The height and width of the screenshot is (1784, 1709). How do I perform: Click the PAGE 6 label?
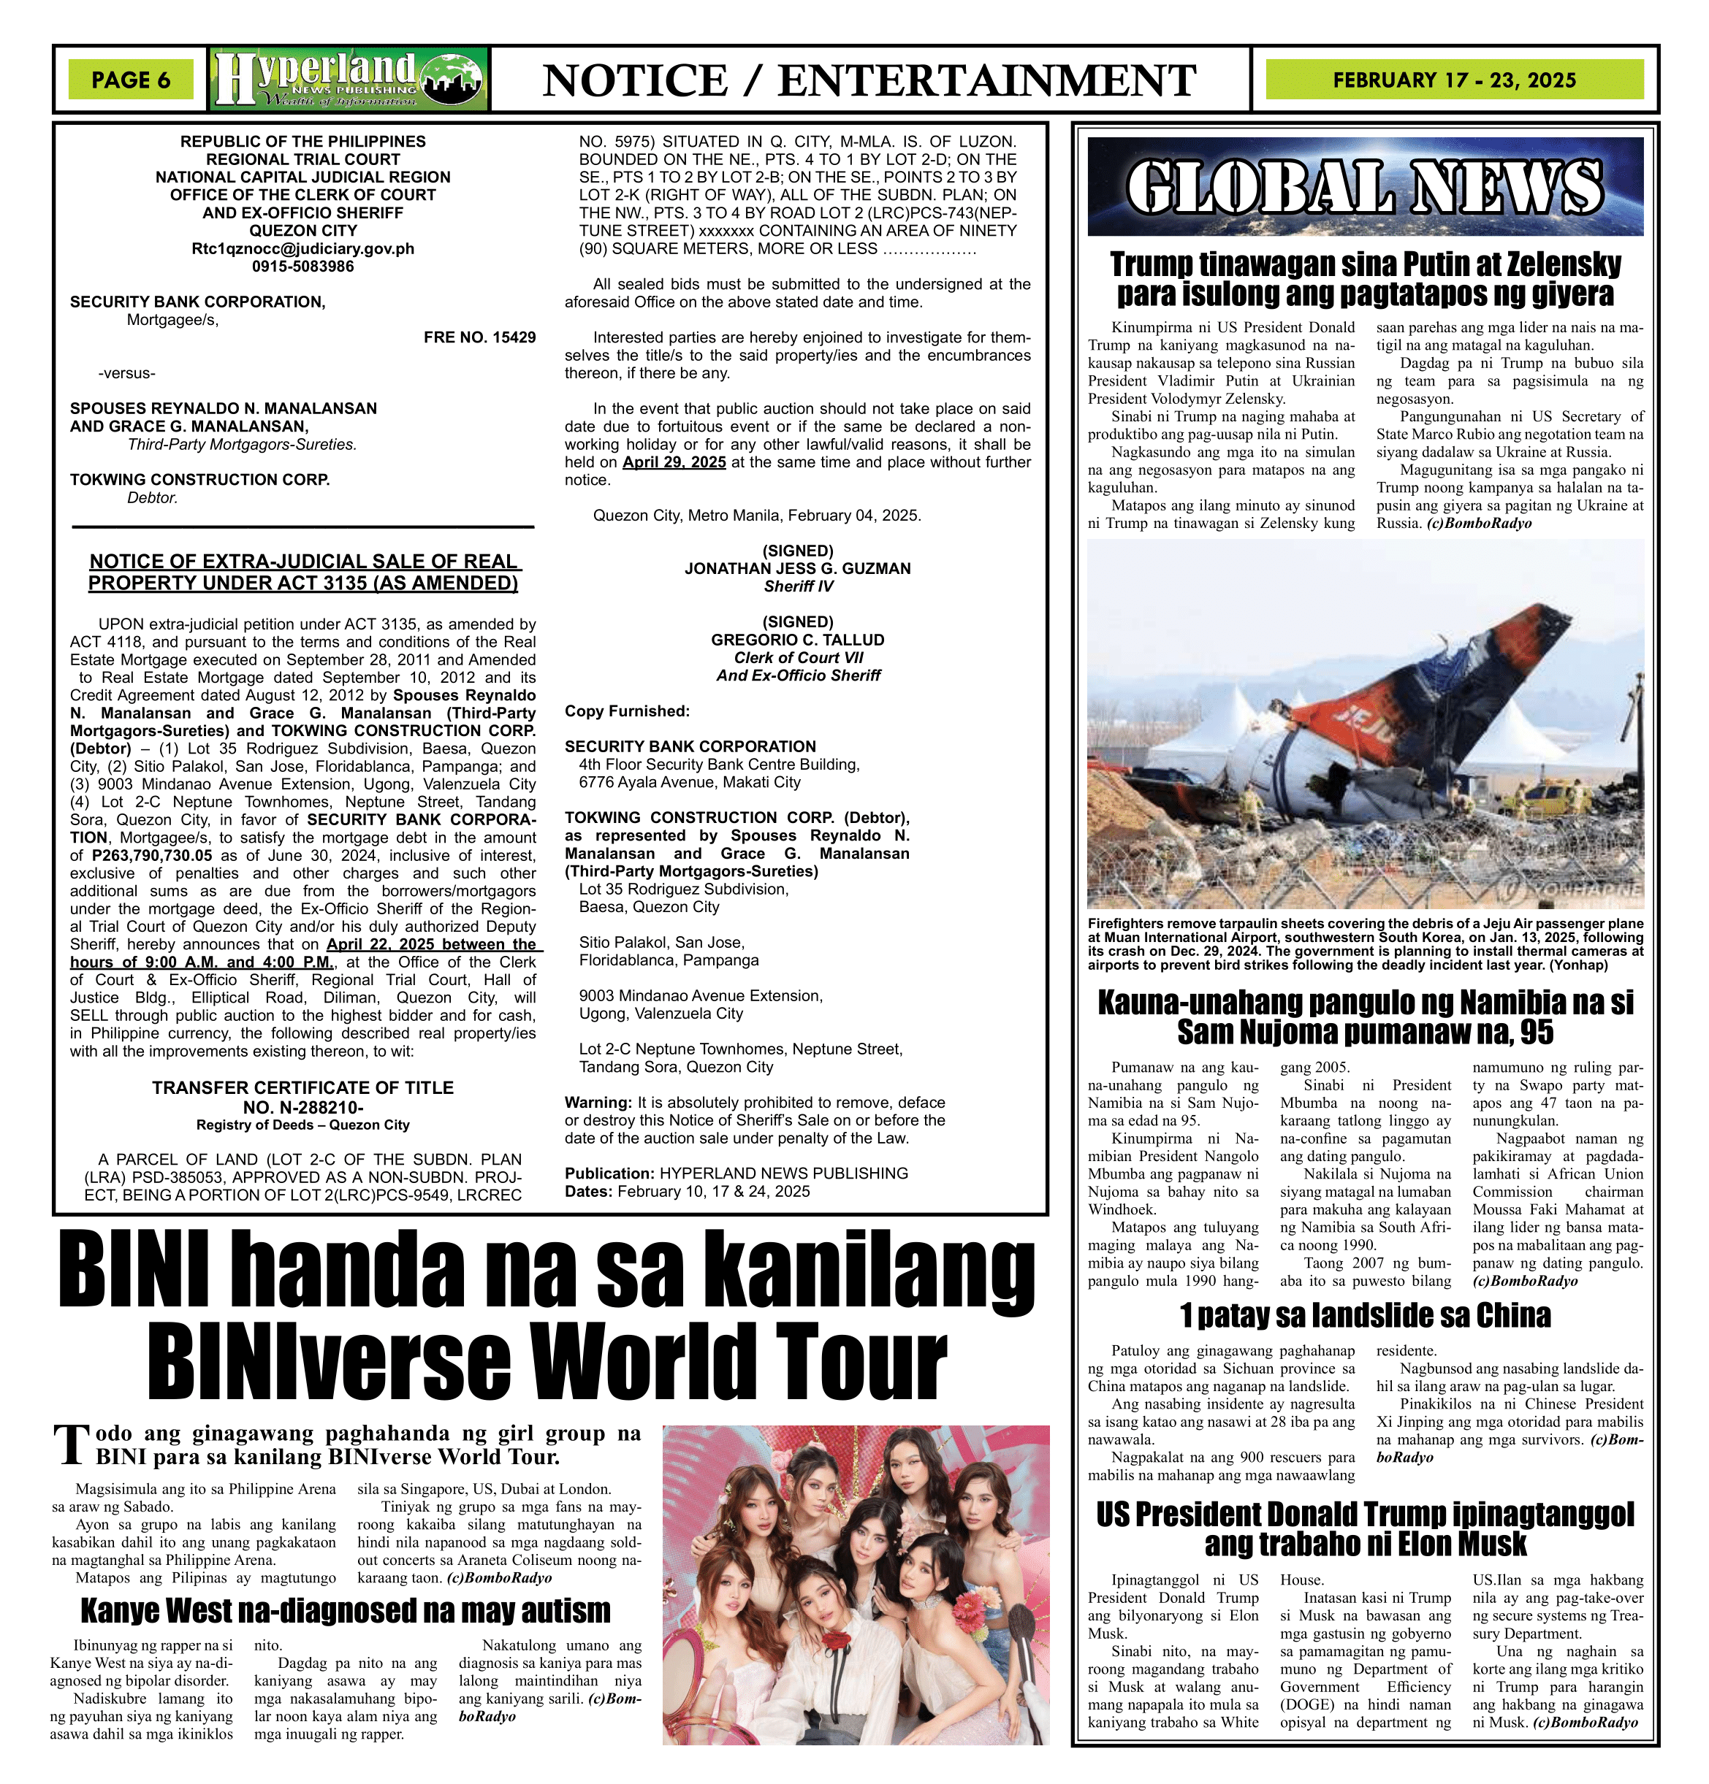131,80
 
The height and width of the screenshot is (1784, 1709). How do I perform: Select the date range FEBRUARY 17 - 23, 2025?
1453,80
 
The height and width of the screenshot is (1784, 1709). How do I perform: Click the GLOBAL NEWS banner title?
1365,188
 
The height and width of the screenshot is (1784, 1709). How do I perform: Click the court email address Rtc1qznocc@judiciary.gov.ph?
302,248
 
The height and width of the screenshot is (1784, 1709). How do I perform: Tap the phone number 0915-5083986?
302,267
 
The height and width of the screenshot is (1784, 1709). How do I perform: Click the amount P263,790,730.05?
152,856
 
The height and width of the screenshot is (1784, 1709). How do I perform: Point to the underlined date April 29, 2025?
674,462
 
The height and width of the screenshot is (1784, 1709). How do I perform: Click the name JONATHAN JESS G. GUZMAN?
798,569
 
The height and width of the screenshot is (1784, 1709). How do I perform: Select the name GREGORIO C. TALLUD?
798,640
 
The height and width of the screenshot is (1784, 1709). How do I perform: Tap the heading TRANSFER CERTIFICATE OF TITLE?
302,1087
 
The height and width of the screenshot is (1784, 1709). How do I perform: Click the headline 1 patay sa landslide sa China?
1365,1315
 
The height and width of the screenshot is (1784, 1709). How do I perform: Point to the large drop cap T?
72,1447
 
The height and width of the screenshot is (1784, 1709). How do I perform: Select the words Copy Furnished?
626,712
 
